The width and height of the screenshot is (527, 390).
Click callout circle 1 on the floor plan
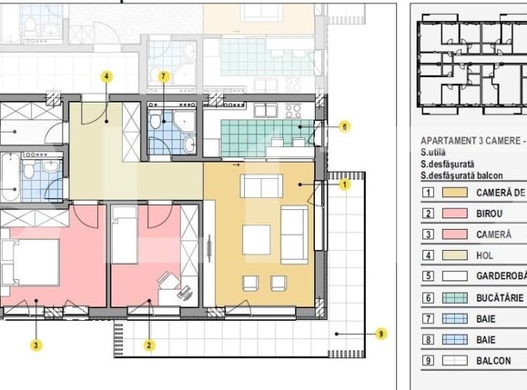[x=345, y=185]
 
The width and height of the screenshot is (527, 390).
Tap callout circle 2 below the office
[x=150, y=345]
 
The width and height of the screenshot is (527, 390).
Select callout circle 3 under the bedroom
[x=35, y=345]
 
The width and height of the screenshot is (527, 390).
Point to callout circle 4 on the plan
[x=106, y=77]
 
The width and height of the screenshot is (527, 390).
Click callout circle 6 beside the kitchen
[x=345, y=127]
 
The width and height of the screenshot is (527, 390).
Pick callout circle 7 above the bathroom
[x=164, y=77]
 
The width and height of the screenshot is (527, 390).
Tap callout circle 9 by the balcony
[x=380, y=334]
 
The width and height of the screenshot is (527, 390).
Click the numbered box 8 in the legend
[x=427, y=339]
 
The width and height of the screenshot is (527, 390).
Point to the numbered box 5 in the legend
[x=427, y=276]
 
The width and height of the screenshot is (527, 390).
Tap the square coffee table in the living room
[x=256, y=240]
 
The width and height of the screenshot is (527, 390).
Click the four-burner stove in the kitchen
[x=293, y=111]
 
